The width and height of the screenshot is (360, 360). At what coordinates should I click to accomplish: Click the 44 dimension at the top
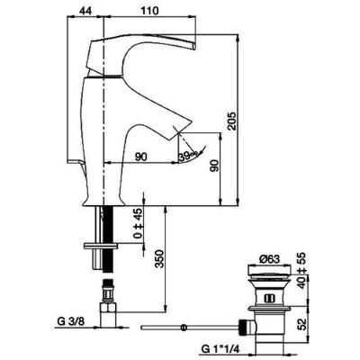85,11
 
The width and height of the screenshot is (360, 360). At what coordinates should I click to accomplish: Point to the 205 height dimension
231,121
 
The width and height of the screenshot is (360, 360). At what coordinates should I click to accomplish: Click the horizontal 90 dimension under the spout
141,157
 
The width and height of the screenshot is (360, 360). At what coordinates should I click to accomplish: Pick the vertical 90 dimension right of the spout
215,166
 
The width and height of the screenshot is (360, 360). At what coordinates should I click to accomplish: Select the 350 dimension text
160,259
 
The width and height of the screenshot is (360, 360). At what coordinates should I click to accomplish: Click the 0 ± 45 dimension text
138,223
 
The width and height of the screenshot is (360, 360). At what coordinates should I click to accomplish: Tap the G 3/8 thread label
71,321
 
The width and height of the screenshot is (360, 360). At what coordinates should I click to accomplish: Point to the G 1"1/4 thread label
220,349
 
